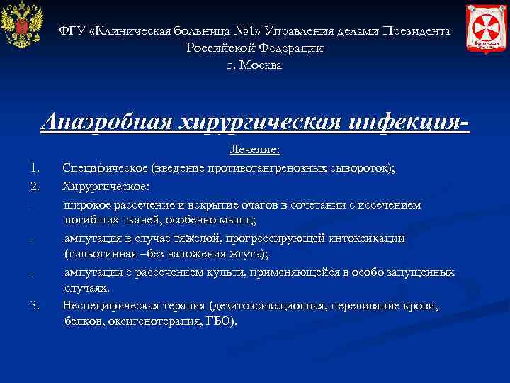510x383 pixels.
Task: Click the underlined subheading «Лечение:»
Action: [x=255, y=150]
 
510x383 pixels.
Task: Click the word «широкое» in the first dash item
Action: [x=88, y=205]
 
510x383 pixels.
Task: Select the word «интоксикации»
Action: [x=362, y=238]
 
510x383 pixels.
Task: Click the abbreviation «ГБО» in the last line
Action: [x=217, y=321]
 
